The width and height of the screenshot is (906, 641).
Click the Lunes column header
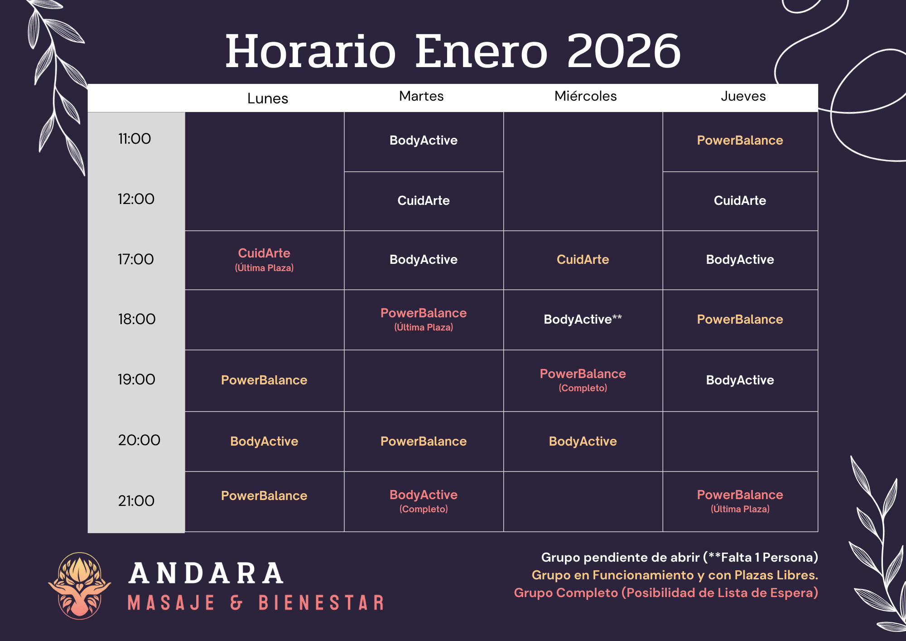click(267, 98)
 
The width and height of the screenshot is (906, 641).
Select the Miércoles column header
click(585, 96)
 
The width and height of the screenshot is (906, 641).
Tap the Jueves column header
click(743, 96)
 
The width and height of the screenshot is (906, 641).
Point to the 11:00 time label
click(135, 139)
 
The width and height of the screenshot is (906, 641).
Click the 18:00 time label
click(136, 319)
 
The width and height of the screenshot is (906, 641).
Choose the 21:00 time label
click(136, 501)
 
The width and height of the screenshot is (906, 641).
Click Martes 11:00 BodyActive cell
click(424, 141)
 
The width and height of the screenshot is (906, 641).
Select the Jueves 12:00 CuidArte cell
click(740, 200)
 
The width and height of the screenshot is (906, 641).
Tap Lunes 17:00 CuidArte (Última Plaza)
click(264, 259)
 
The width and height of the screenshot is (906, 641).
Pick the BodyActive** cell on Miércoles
click(583, 320)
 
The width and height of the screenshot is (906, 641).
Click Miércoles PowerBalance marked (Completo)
click(583, 380)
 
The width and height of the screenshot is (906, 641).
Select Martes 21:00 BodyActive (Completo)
click(424, 500)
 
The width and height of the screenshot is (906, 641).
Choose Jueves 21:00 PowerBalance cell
click(740, 500)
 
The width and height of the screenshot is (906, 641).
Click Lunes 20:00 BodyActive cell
click(264, 441)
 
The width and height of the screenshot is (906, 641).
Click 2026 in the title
click(624, 51)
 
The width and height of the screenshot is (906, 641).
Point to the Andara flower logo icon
click(80, 586)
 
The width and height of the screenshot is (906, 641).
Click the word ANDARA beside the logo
click(206, 573)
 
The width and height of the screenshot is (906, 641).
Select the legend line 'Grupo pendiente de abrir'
click(679, 557)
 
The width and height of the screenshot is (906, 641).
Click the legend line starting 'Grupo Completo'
click(665, 592)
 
